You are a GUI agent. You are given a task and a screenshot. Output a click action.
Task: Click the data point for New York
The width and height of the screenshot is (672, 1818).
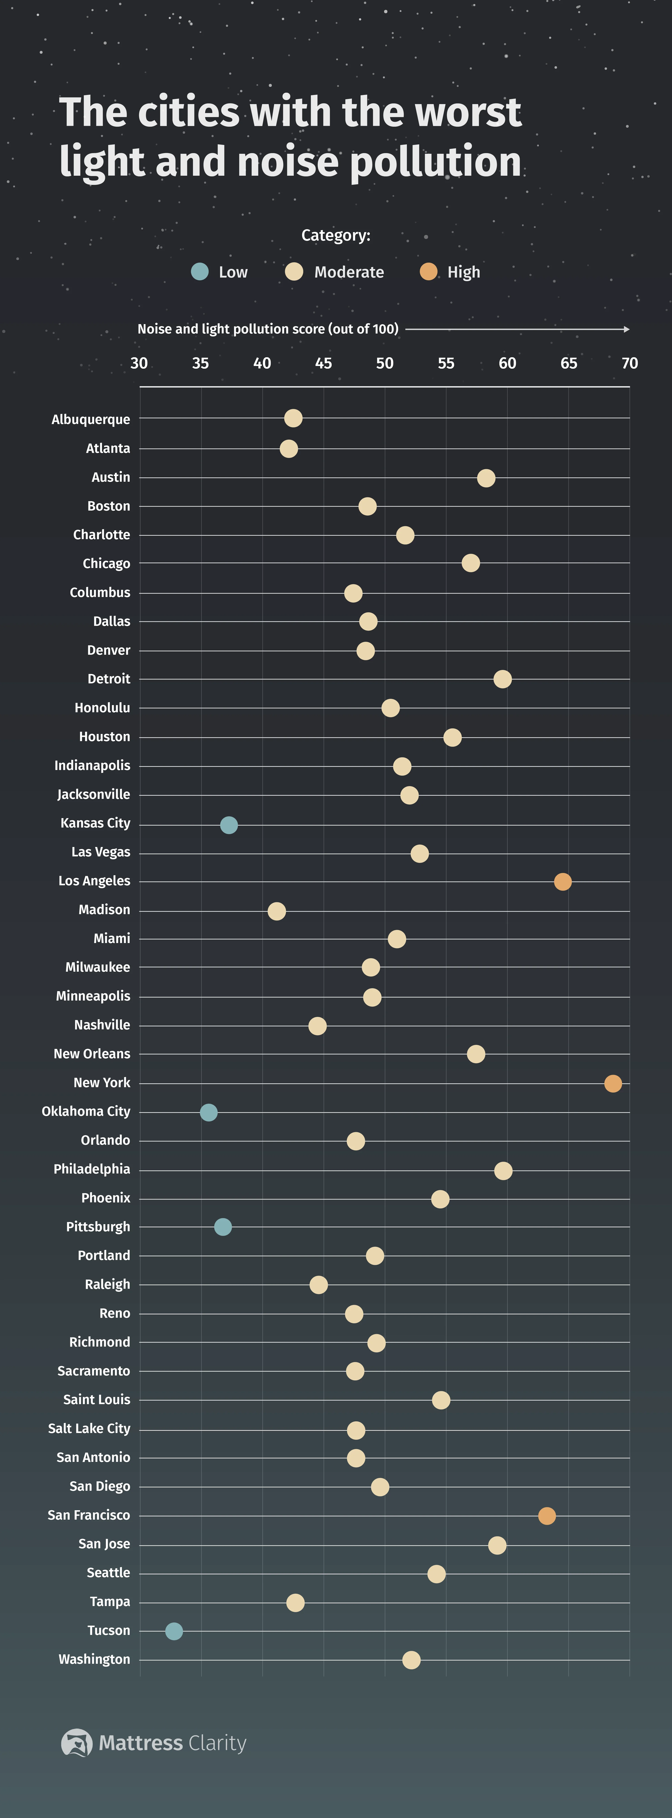613,1083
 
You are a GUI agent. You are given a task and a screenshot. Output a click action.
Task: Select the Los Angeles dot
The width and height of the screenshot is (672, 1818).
563,881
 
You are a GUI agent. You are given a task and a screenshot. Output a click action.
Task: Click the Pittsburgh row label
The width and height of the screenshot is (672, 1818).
98,1227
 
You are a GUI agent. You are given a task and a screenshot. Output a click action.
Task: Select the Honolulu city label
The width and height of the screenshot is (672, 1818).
102,707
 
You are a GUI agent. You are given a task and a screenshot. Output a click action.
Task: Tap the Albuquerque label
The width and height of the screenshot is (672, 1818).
91,419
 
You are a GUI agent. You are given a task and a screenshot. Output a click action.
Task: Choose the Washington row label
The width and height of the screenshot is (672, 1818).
94,1659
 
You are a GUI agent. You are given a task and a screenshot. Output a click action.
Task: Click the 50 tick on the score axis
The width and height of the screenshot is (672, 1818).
385,364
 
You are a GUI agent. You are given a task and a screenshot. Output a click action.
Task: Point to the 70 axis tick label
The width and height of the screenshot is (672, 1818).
630,364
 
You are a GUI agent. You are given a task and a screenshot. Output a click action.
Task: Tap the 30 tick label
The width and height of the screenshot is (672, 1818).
139,364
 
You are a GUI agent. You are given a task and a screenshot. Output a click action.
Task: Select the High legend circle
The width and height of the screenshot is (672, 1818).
428,272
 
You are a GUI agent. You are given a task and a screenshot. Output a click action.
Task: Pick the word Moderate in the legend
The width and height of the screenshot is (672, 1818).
349,272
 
